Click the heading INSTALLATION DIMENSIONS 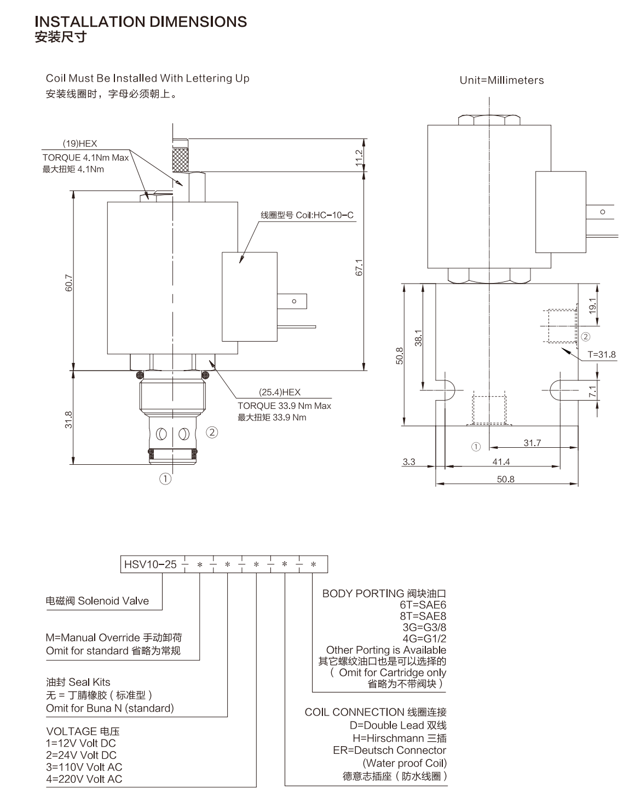[141, 22]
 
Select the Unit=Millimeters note [501, 80]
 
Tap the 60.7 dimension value [69, 282]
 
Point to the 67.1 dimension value [359, 267]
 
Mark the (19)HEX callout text [80, 143]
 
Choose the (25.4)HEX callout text [280, 392]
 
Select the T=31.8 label [602, 354]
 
